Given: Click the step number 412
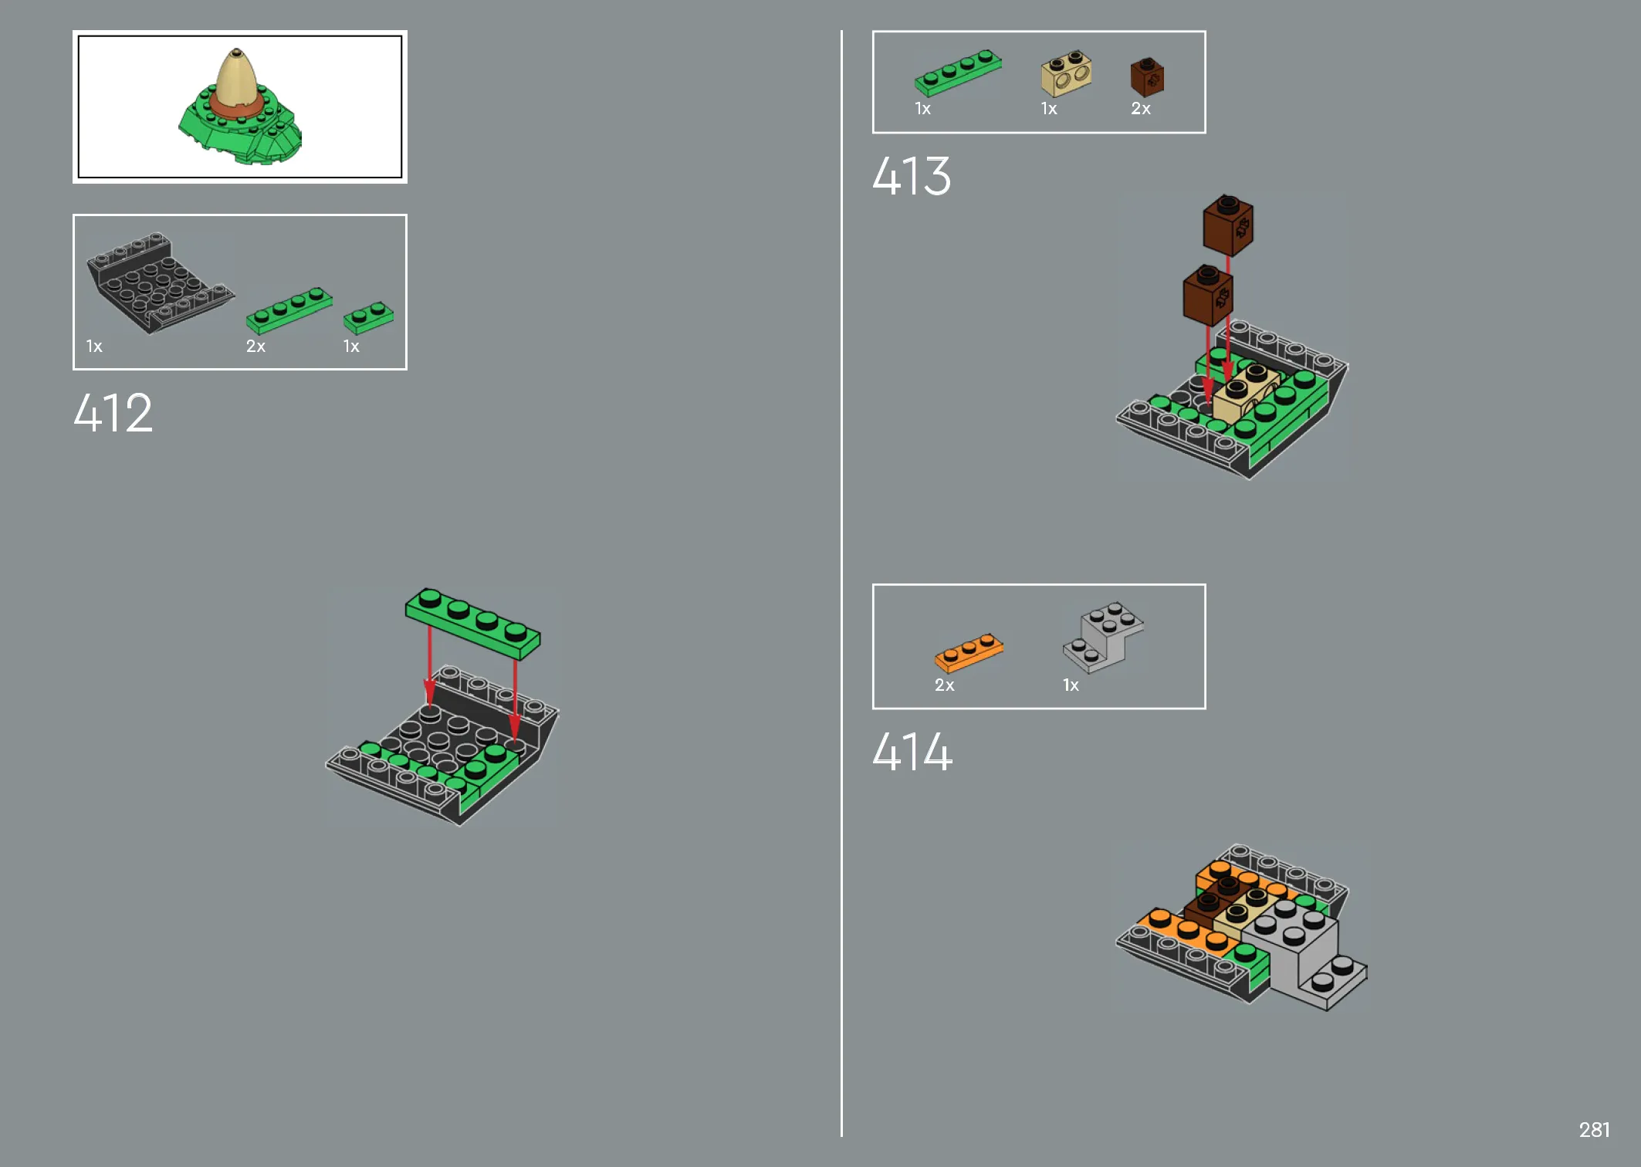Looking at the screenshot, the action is pyautogui.click(x=113, y=413).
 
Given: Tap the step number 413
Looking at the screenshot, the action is pyautogui.click(x=912, y=176).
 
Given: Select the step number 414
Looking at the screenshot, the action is pyautogui.click(x=912, y=752).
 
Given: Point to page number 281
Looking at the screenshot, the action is pyautogui.click(x=1594, y=1130).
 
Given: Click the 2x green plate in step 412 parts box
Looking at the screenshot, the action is pyautogui.click(x=289, y=310).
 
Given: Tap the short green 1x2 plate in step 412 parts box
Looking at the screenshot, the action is pyautogui.click(x=368, y=317).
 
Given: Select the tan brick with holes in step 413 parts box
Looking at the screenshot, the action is pyautogui.click(x=1066, y=74).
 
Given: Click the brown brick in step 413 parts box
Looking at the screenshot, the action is pyautogui.click(x=1147, y=76).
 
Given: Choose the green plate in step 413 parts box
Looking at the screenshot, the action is pyautogui.click(x=958, y=73).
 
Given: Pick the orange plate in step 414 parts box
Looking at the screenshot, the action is pyautogui.click(x=969, y=653).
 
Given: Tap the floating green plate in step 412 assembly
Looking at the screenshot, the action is pyautogui.click(x=472, y=624).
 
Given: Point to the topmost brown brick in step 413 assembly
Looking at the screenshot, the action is pyautogui.click(x=1228, y=225).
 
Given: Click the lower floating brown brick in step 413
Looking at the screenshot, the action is pyautogui.click(x=1208, y=295).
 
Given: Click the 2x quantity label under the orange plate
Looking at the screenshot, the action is pyautogui.click(x=944, y=685).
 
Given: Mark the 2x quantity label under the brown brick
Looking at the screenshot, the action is pyautogui.click(x=1141, y=109).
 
